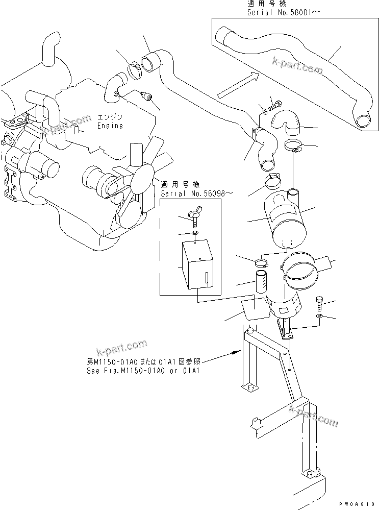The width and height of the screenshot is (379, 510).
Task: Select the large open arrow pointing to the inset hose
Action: tap(237, 85)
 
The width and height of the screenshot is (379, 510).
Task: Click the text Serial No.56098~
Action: tap(191, 194)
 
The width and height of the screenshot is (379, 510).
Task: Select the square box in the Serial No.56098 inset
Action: tap(196, 264)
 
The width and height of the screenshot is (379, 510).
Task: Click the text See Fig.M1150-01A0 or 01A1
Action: tap(143, 371)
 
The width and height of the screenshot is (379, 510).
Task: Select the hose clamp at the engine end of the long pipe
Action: tap(135, 68)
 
